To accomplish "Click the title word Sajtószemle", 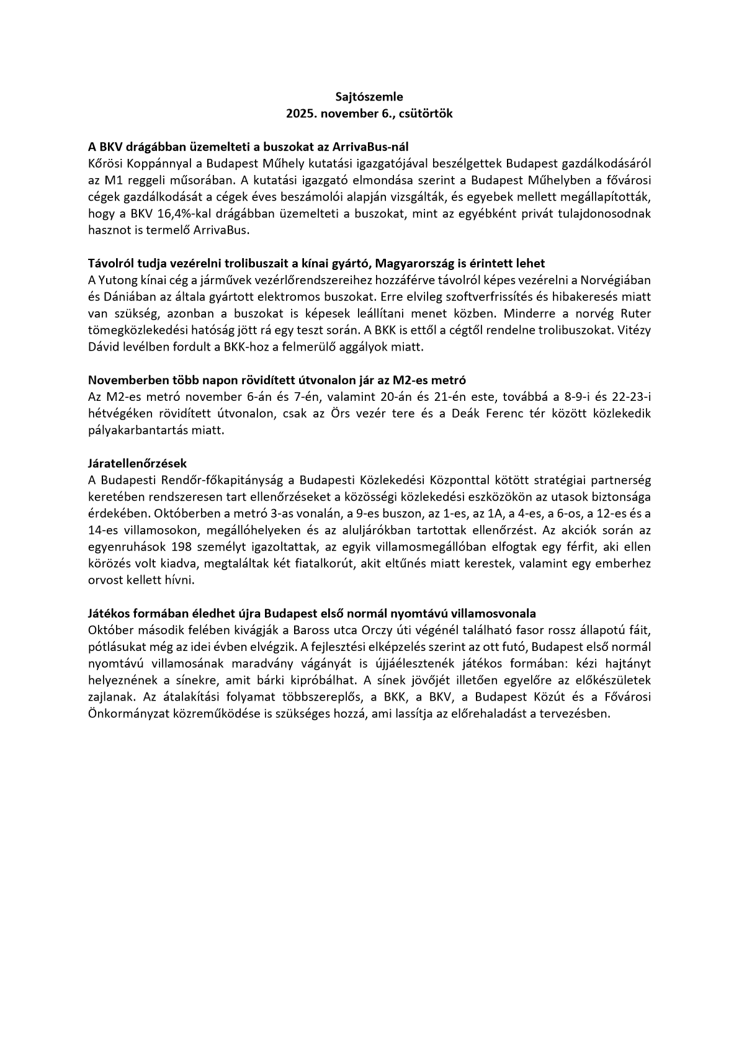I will point(369,97).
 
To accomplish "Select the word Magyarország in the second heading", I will point(411,263).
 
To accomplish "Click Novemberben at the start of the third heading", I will point(121,380).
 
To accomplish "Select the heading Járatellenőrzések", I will point(137,464).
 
